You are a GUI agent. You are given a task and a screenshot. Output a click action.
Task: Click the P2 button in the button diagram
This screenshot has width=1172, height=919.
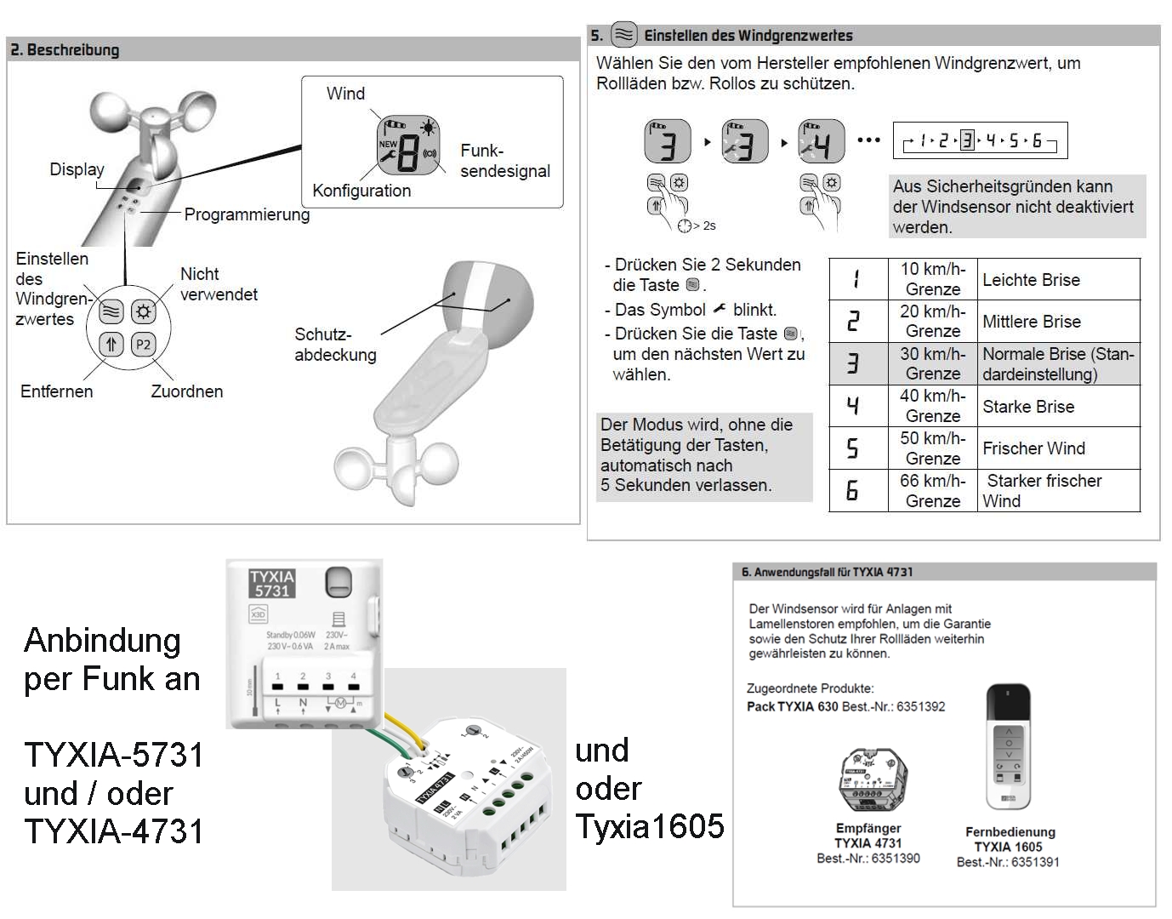click(x=143, y=345)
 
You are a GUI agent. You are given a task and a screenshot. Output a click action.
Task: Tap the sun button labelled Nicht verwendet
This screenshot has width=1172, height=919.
click(x=143, y=311)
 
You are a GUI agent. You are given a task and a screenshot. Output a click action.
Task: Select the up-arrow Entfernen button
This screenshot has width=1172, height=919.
click(x=111, y=345)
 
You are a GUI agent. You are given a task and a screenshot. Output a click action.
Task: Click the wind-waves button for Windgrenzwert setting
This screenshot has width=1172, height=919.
click(x=111, y=311)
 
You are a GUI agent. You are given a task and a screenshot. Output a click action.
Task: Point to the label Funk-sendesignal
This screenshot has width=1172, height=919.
click(x=504, y=161)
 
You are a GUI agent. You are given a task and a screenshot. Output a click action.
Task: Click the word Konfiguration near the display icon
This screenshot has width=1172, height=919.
click(x=361, y=191)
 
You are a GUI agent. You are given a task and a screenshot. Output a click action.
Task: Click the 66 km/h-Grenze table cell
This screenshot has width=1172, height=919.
click(x=932, y=491)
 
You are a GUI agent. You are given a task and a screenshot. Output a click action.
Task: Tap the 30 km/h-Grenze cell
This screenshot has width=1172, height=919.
click(x=932, y=363)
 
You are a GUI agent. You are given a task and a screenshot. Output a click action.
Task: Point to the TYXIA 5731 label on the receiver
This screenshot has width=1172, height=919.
click(x=272, y=584)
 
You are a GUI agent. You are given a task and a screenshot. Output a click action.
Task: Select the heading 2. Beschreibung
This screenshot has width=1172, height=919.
click(x=65, y=49)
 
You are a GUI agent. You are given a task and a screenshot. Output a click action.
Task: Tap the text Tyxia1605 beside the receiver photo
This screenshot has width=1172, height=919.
click(x=650, y=826)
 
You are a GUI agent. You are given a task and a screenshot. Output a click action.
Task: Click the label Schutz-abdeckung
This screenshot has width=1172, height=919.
click(x=335, y=345)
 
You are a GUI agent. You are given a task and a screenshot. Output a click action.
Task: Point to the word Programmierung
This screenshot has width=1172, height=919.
click(x=247, y=214)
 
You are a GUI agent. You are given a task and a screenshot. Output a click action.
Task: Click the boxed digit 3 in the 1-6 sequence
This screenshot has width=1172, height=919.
click(x=967, y=140)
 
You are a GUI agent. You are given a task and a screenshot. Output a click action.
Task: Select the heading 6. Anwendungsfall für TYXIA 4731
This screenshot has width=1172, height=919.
click(x=827, y=572)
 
